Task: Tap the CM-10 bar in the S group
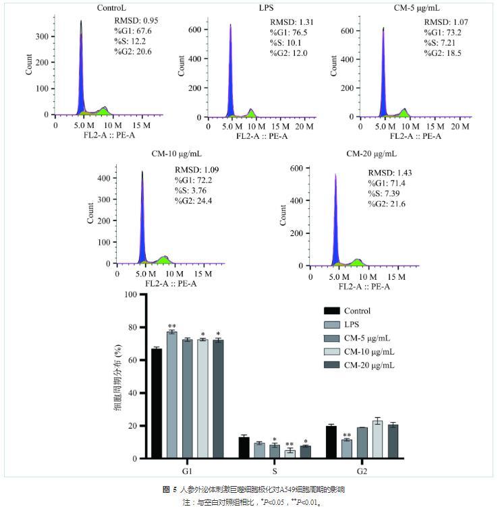point(289,454)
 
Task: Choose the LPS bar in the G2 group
point(347,449)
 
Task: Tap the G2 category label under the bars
point(363,469)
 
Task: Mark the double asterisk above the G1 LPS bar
point(171,325)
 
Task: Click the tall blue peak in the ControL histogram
point(81,67)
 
